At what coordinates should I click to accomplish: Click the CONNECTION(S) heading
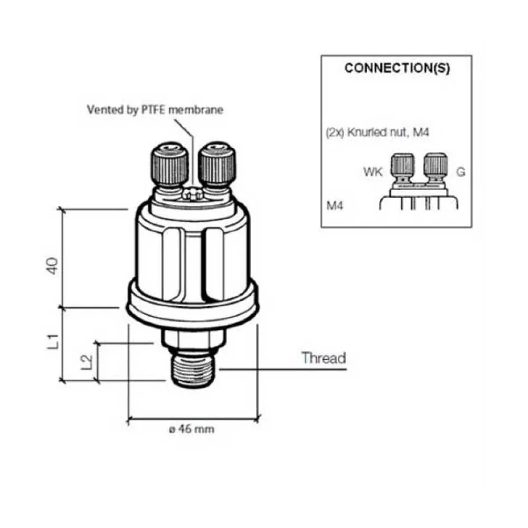[397, 68]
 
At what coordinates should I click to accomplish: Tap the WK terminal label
[373, 172]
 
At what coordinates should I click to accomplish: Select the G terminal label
[460, 172]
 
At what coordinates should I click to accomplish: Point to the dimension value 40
[52, 266]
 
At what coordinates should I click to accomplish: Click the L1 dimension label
[52, 342]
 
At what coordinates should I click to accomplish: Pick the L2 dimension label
[87, 362]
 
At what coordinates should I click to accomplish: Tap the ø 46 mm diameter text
[191, 429]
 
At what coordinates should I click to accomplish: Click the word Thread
[324, 357]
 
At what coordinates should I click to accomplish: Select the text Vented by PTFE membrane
[155, 110]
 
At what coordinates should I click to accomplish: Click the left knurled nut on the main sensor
[169, 164]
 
